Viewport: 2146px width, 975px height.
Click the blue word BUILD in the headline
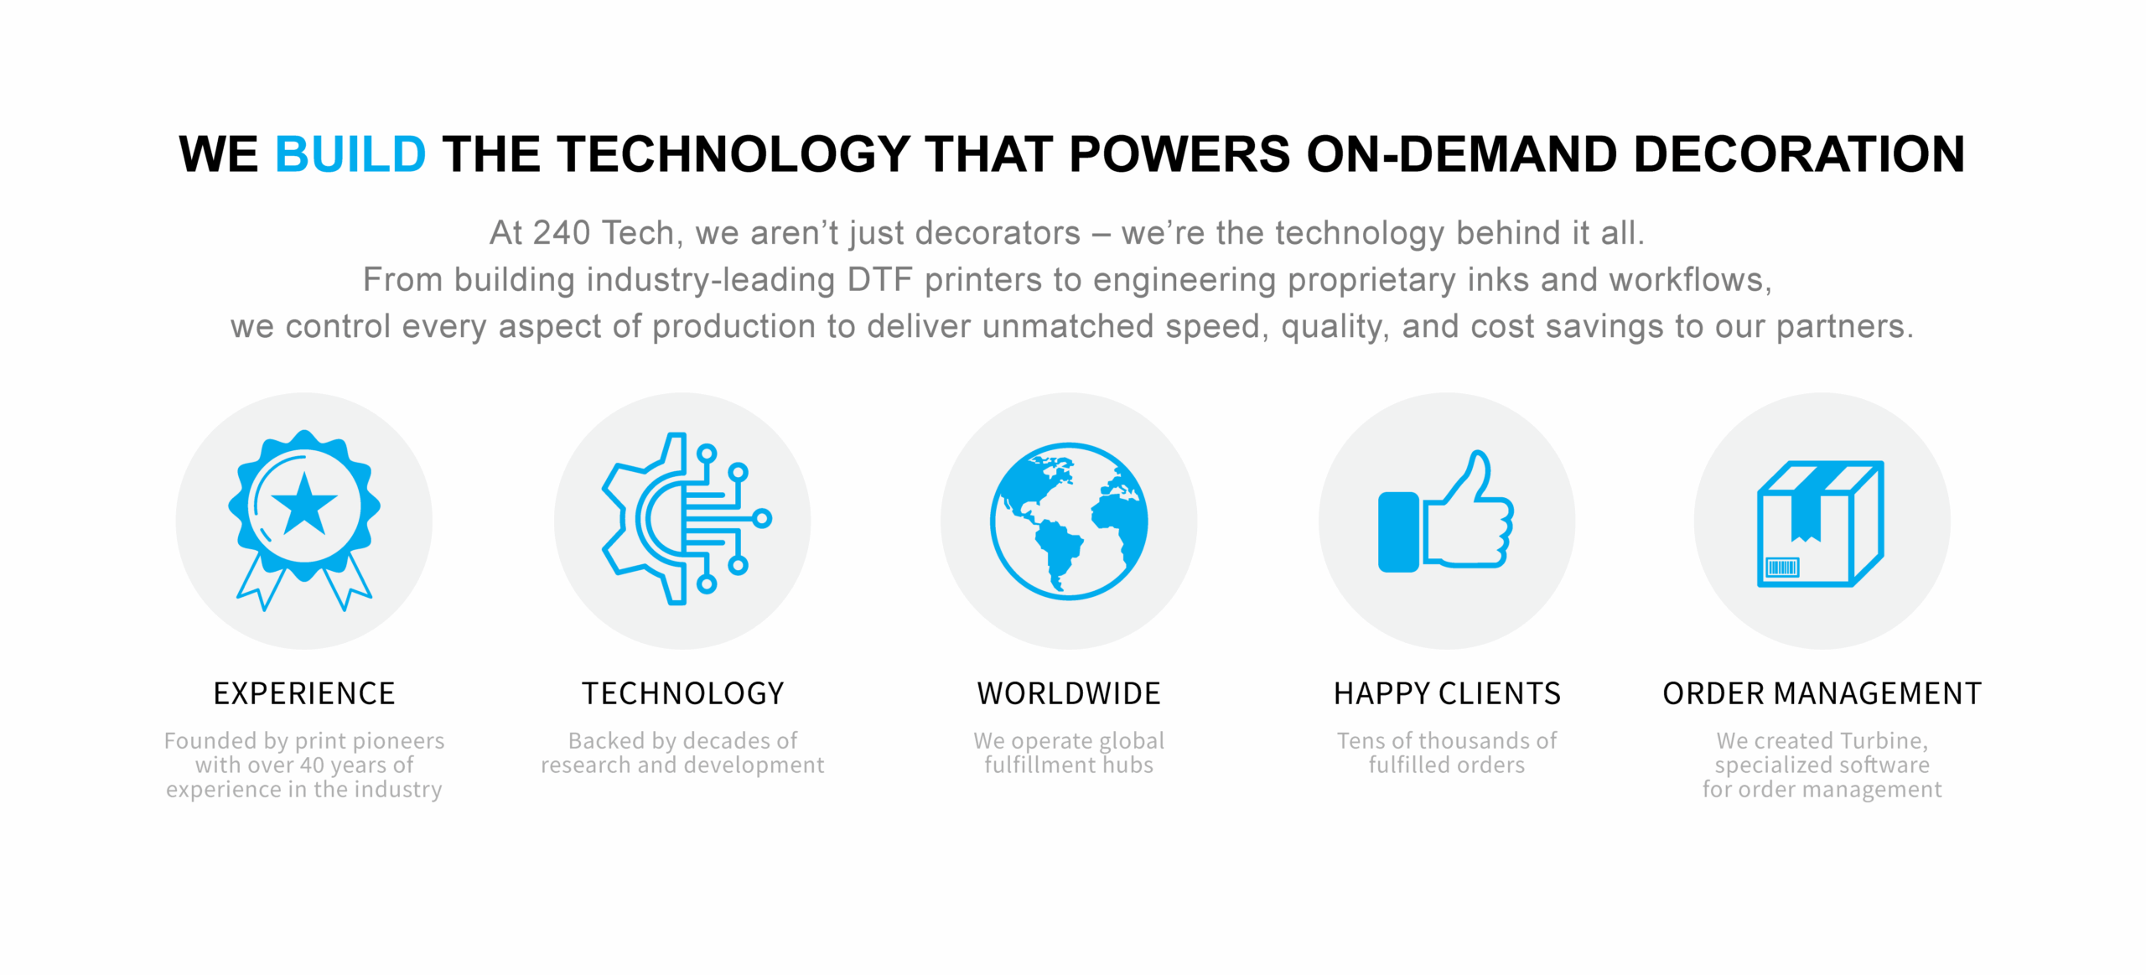click(x=350, y=154)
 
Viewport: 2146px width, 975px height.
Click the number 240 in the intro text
click(x=562, y=233)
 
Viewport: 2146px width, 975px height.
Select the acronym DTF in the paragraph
click(x=879, y=280)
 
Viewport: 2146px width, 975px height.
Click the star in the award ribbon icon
click(x=304, y=505)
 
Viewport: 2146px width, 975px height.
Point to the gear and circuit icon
click(x=686, y=518)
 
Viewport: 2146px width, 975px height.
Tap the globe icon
click(x=1069, y=521)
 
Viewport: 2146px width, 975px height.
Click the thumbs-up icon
click(x=1446, y=511)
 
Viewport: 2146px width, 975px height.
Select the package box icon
click(x=1821, y=523)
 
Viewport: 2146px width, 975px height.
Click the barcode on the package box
click(x=1782, y=568)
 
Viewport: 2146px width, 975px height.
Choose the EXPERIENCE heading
click(x=304, y=693)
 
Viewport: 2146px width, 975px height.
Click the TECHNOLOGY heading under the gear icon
click(x=683, y=693)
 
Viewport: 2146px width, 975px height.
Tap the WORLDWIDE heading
click(x=1069, y=693)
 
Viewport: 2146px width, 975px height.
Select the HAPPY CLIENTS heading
click(x=1447, y=693)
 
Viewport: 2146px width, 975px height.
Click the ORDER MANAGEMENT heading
click(x=1822, y=693)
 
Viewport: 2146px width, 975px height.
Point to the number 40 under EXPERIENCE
click(x=312, y=765)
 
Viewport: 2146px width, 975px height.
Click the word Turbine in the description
click(x=1884, y=741)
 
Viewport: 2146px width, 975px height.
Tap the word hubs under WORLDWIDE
click(x=1127, y=765)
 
